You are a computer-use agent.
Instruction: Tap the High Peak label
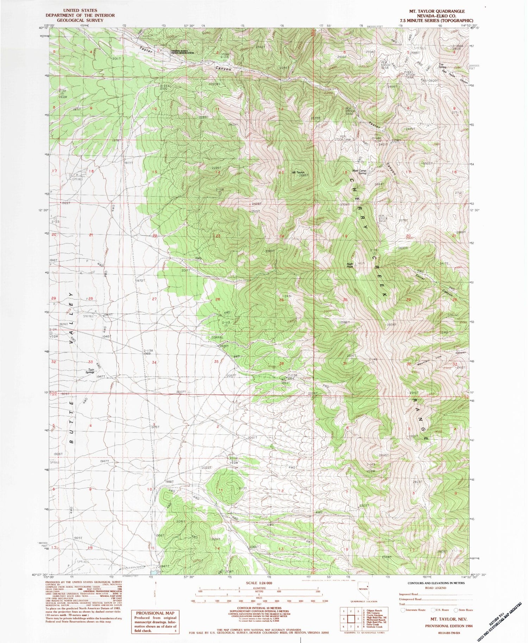click(x=350, y=265)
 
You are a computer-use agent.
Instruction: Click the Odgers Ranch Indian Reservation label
click(x=182, y=52)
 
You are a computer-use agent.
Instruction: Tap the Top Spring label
click(x=442, y=66)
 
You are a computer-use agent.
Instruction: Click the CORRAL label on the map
click(x=217, y=337)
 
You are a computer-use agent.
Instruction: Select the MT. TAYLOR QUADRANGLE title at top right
click(x=434, y=11)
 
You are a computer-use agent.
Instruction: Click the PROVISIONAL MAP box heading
click(x=155, y=613)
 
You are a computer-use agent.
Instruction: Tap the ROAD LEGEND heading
click(x=435, y=587)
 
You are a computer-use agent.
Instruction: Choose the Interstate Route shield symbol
click(x=403, y=610)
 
